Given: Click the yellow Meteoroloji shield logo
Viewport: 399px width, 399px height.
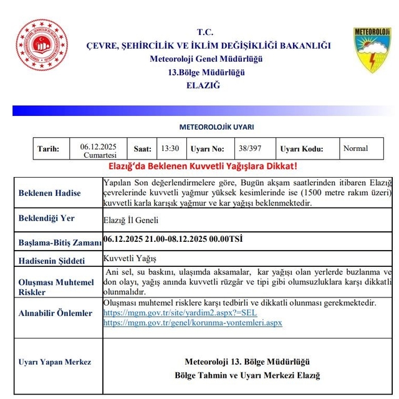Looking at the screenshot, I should pyautogui.click(x=372, y=49).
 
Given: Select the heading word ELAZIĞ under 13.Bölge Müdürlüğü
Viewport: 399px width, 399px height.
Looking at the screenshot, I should pyautogui.click(x=203, y=85).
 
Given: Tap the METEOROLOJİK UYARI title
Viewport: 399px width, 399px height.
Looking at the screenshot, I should pyautogui.click(x=216, y=127).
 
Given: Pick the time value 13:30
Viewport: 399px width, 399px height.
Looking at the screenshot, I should pyautogui.click(x=170, y=149).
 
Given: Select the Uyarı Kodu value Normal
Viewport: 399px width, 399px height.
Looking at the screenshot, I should pyautogui.click(x=355, y=148).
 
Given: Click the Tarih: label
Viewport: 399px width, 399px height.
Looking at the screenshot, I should pyautogui.click(x=49, y=149).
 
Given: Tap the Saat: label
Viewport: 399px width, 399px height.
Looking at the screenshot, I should pyautogui.click(x=143, y=149).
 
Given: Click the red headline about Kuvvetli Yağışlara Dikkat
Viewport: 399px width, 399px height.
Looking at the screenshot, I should pyautogui.click(x=203, y=166).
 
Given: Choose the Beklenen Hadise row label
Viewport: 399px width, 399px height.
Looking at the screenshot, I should pyautogui.click(x=50, y=193).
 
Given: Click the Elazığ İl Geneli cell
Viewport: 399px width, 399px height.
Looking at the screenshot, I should pyautogui.click(x=130, y=220).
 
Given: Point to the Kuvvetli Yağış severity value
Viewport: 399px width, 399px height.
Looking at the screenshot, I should pyautogui.click(x=130, y=259).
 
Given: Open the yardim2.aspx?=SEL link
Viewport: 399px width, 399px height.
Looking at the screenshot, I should pyautogui.click(x=180, y=312).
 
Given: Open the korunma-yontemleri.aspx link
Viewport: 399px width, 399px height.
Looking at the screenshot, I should pyautogui.click(x=193, y=322).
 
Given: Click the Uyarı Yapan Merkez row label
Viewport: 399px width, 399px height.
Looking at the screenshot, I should pyautogui.click(x=55, y=362).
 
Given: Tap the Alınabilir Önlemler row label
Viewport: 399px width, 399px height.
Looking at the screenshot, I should pyautogui.click(x=55, y=313).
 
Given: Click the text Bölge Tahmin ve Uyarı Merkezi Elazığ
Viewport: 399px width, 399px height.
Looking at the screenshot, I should pyautogui.click(x=248, y=375).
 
